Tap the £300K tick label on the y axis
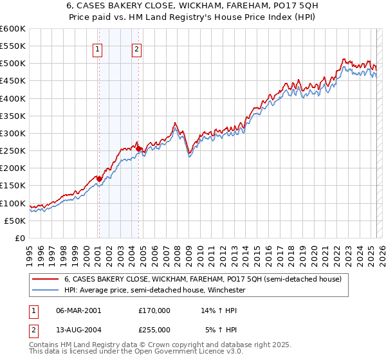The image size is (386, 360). coord(13,134)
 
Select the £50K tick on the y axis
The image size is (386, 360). coord(15,221)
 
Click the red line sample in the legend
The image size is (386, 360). coord(46,280)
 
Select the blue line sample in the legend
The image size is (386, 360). coord(46,291)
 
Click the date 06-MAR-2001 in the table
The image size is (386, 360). coord(78,310)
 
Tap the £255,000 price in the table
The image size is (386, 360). coord(154,329)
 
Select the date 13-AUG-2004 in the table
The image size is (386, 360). coord(78,329)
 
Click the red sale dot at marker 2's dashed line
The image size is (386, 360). coord(139,149)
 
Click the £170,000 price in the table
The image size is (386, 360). coord(154,310)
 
